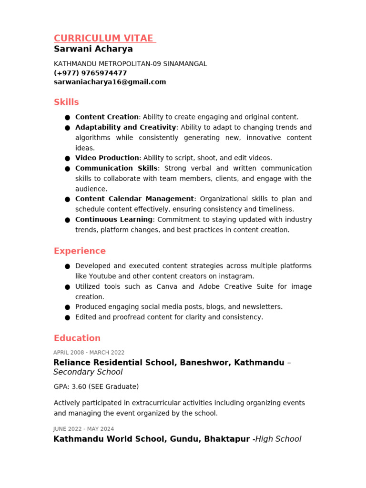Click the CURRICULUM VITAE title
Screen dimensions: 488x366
[x=103, y=39]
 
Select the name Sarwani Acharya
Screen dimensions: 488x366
[x=93, y=49]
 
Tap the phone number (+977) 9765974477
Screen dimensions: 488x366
[x=90, y=73]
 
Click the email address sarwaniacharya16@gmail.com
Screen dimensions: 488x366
[x=110, y=82]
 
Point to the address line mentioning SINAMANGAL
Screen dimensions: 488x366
[x=130, y=64]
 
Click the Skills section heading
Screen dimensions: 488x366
[x=66, y=102]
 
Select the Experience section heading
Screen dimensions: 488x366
[x=80, y=251]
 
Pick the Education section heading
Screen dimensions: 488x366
[x=77, y=338]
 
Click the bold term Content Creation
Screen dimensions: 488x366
[x=107, y=117]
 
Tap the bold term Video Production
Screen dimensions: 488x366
[x=107, y=158]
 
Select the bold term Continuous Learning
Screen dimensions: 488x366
[x=114, y=220]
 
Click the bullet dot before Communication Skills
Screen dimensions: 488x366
[x=68, y=169]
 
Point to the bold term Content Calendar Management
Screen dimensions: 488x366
[x=134, y=199]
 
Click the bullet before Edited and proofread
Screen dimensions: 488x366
[x=68, y=317]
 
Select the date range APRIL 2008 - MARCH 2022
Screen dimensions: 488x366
[x=89, y=353]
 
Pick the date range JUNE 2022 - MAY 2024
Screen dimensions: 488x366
[x=83, y=429]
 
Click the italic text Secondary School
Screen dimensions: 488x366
[x=88, y=372]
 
